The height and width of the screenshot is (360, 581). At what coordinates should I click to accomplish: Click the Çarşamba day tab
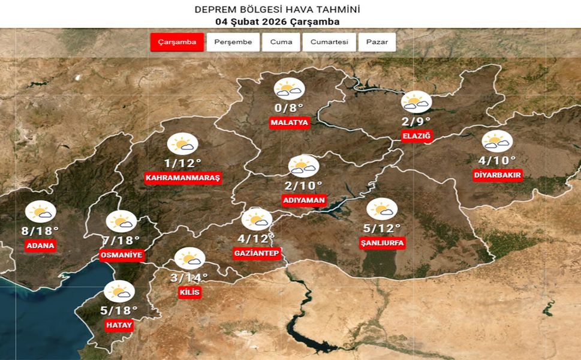(177, 42)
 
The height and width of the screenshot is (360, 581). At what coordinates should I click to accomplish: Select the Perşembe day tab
(233, 42)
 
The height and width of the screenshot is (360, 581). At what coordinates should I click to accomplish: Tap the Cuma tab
(281, 42)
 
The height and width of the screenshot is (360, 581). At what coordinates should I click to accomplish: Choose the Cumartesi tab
(329, 42)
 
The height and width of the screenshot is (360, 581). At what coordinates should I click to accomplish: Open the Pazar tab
(377, 42)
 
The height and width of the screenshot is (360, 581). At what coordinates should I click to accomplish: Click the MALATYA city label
(289, 123)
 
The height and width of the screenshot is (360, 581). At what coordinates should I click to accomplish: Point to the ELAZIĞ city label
(417, 137)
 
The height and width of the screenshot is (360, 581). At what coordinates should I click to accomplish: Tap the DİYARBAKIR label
(498, 175)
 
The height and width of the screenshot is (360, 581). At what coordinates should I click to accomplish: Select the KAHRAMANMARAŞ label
(183, 178)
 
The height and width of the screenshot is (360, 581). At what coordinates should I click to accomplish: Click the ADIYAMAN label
(303, 200)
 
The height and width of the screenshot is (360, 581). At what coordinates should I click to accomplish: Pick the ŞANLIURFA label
(383, 243)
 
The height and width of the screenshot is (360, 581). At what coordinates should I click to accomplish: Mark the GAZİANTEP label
(257, 254)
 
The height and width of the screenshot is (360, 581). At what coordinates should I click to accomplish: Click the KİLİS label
(189, 293)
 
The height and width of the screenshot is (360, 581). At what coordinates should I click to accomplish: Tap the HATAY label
(118, 325)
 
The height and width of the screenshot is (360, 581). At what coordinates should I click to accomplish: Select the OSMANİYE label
(121, 256)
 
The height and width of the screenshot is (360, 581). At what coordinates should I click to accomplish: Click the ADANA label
(41, 245)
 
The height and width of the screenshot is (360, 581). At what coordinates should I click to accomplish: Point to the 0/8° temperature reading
(289, 108)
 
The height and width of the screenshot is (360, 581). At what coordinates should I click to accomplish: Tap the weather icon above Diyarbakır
(497, 141)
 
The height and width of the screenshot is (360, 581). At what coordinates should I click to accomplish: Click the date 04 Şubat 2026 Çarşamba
(278, 22)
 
